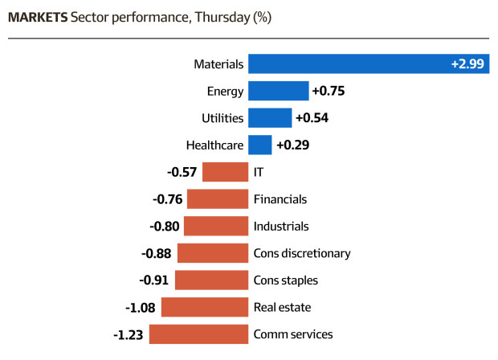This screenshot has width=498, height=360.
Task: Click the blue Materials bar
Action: click(369, 63)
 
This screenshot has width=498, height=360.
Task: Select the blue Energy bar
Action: click(279, 91)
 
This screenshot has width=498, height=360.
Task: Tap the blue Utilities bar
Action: click(270, 118)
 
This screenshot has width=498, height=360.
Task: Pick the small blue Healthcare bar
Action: click(260, 145)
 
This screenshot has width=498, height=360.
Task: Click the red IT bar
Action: click(225, 172)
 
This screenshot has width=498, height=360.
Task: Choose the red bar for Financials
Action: click(218, 199)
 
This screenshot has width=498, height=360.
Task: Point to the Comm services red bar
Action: click(199, 334)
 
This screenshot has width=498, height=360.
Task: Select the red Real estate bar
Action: click(205, 307)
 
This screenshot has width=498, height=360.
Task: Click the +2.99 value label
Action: click(467, 63)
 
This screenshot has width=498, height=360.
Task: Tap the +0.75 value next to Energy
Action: click(329, 91)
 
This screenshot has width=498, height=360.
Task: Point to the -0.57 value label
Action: click(182, 172)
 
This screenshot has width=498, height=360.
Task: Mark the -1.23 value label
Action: click(129, 334)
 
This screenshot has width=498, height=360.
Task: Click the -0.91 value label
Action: click(153, 280)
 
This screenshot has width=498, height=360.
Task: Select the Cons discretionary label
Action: click(302, 253)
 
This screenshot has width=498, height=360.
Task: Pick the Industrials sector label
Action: click(281, 227)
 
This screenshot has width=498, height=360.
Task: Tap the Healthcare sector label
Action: click(214, 145)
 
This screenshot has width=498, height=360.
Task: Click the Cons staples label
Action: click(285, 280)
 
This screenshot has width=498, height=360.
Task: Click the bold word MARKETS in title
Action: click(38, 17)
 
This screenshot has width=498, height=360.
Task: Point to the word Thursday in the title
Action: click(222, 18)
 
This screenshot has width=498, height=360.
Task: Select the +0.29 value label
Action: click(293, 145)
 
